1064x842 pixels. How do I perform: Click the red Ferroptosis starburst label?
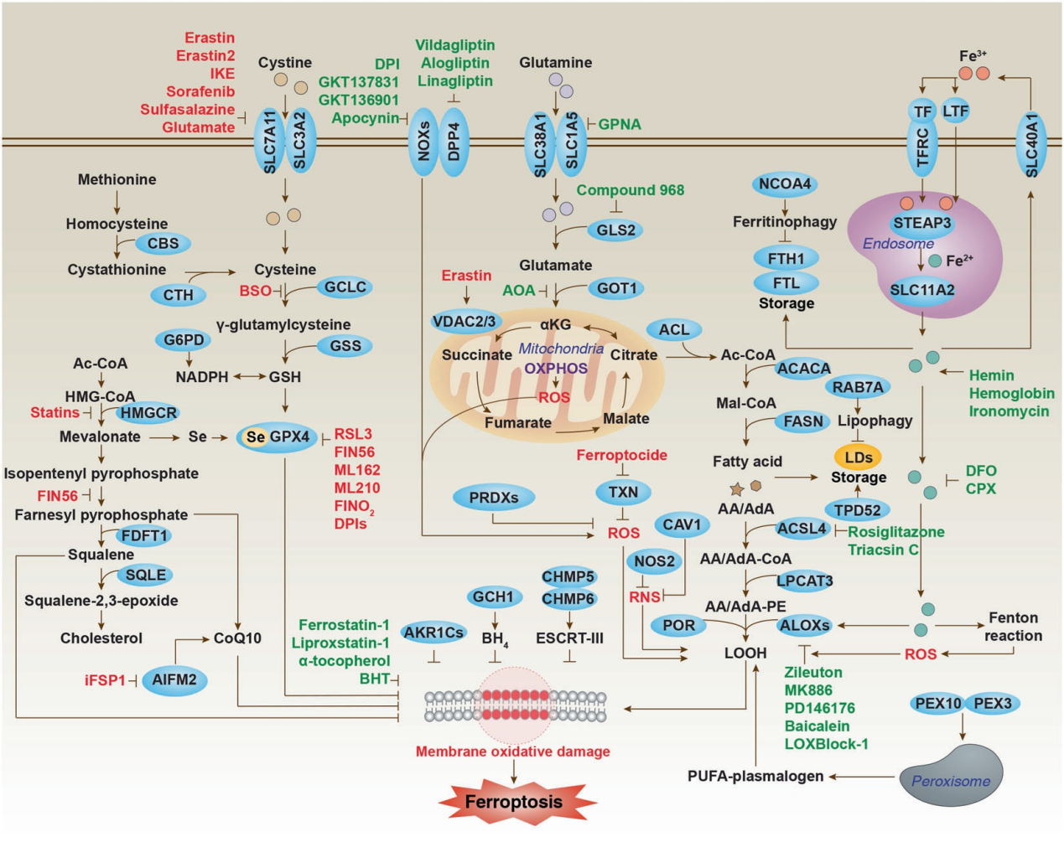point(514,802)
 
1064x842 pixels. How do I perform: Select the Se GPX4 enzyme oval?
point(278,436)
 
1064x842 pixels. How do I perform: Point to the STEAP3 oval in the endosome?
point(921,223)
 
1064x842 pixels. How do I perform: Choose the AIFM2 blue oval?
point(174,679)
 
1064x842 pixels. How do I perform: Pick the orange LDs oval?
point(859,457)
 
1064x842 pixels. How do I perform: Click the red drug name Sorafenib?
point(200,91)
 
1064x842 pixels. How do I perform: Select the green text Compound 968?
point(630,190)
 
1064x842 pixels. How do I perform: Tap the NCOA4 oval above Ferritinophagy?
point(784,184)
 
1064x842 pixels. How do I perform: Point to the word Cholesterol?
point(101,638)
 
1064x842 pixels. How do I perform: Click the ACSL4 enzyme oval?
point(802,528)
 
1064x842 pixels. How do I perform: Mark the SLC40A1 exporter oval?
point(1031,143)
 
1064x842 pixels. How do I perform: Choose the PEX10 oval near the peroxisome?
point(937,704)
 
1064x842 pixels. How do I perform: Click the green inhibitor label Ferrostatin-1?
point(344,624)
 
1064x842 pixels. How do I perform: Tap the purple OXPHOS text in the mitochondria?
point(556,368)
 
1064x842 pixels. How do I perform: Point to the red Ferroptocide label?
point(621,455)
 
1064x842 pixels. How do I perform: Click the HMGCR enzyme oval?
point(148,412)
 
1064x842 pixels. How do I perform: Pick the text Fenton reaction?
point(1014,627)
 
